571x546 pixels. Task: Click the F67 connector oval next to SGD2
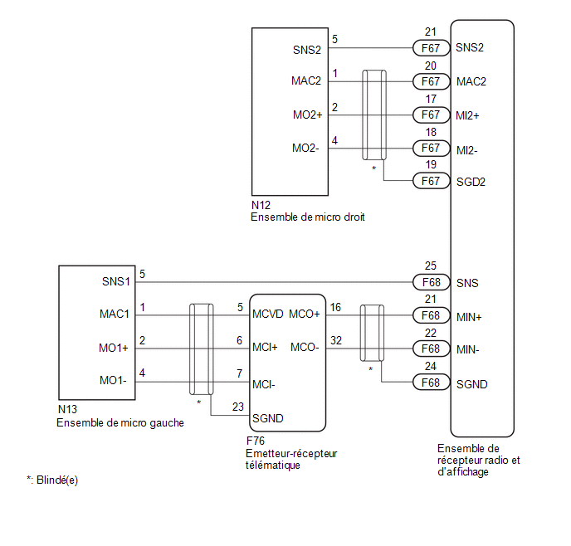[x=432, y=181]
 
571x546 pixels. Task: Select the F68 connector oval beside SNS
[x=432, y=282]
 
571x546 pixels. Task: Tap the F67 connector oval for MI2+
[x=432, y=115]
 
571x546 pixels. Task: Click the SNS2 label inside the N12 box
[x=306, y=50]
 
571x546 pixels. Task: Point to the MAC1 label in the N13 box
[x=115, y=314]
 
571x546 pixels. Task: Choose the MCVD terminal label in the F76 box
[x=267, y=314]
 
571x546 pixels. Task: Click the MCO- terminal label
[x=305, y=347]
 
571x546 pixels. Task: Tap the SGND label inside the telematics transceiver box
[x=267, y=418]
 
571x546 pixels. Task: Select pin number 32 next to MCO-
[x=336, y=340]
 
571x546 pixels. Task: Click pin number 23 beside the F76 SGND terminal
[x=238, y=407]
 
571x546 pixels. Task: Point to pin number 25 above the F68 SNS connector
[x=431, y=266]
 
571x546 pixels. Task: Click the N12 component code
[x=261, y=205]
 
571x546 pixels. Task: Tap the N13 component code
[x=67, y=409]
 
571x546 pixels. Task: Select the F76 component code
[x=256, y=441]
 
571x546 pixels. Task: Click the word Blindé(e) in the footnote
[x=57, y=480]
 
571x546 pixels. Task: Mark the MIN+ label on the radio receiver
[x=469, y=317]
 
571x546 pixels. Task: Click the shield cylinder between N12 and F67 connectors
[x=374, y=115]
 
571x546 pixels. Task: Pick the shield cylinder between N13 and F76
[x=201, y=349]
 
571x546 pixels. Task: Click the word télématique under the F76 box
[x=273, y=466]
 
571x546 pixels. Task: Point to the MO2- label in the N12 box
[x=305, y=149]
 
